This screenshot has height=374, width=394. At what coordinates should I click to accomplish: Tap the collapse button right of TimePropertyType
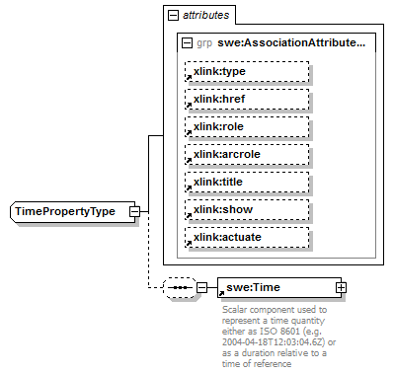(134, 211)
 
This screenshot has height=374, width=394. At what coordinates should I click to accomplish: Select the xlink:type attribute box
(247, 72)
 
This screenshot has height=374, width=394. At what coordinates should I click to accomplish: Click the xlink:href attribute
(247, 100)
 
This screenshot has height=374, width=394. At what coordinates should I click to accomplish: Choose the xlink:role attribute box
(247, 127)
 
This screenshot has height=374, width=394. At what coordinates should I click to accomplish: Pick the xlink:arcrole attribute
(247, 155)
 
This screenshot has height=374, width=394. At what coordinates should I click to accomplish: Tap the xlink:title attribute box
(247, 183)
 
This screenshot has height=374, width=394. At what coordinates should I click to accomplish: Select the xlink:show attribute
(247, 210)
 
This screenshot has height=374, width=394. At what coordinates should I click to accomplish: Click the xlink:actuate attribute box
(247, 238)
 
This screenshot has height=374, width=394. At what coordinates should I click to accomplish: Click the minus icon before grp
(188, 43)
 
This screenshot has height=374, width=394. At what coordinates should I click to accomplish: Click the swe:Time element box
(276, 287)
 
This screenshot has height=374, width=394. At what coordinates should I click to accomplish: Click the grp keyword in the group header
(204, 43)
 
